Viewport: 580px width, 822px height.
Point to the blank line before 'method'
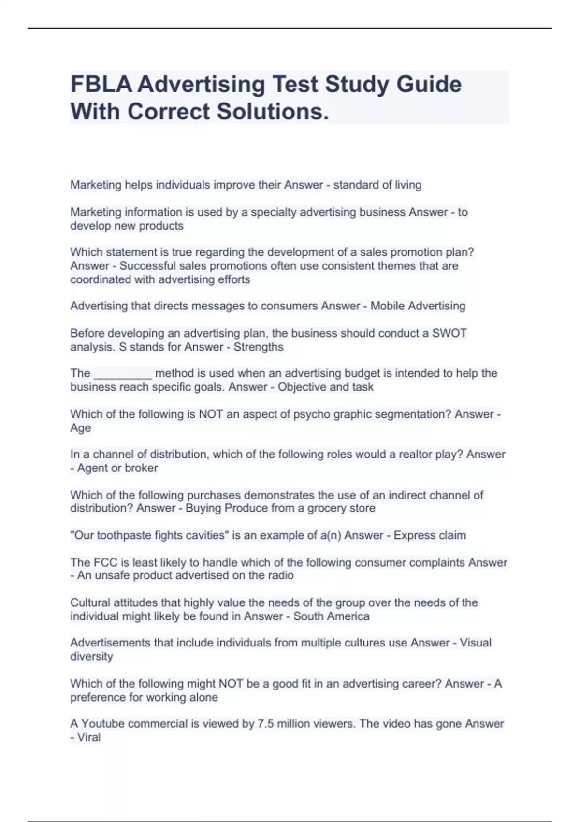[123, 374]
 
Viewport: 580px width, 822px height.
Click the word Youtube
[103, 724]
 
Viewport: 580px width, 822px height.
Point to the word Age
[80, 428]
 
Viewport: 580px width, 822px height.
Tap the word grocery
[330, 508]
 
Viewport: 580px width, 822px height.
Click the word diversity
[91, 657]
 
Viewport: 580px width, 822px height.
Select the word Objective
[302, 387]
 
